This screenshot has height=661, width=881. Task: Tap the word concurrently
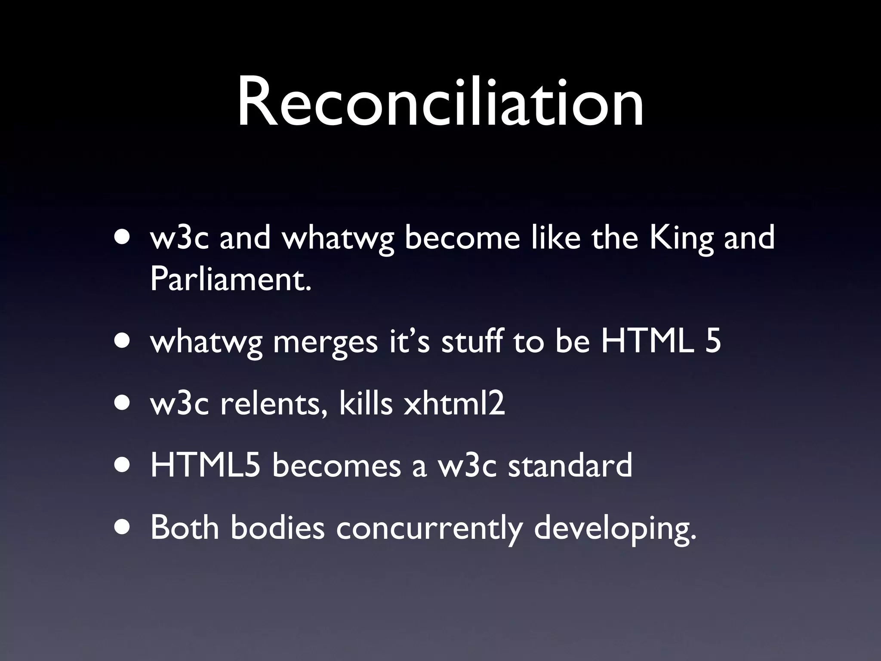point(429,529)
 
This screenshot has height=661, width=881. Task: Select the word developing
point(615,529)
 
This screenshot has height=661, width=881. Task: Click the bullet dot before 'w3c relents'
point(123,405)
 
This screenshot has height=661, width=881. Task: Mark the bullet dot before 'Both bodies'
point(123,529)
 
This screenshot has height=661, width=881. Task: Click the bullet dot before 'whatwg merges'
point(123,343)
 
